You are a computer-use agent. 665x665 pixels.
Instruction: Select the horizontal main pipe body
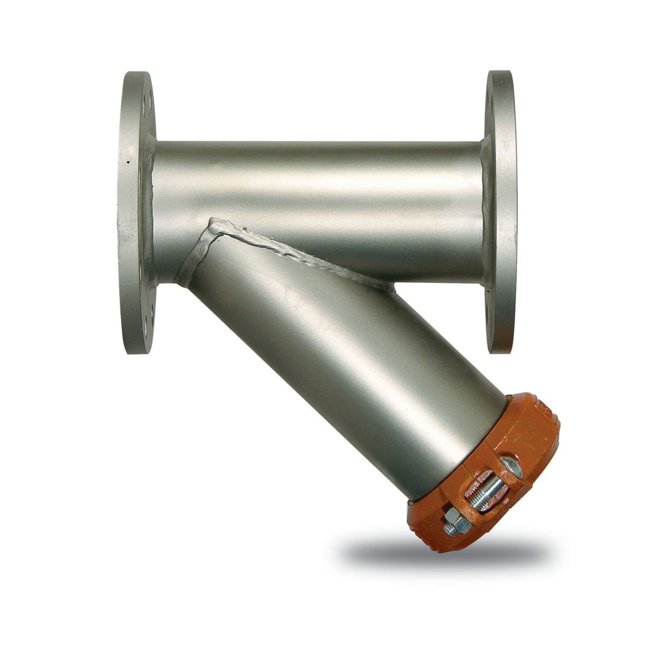(x=316, y=180)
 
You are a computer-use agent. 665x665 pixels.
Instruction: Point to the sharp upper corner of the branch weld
(x=212, y=222)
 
